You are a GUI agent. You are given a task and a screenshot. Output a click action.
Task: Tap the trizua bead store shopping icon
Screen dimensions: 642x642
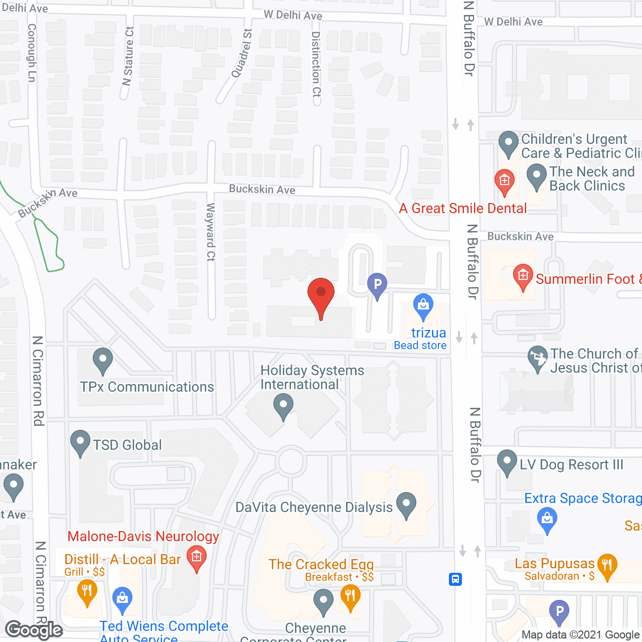click(423, 305)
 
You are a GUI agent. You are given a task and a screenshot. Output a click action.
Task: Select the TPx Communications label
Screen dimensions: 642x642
click(147, 387)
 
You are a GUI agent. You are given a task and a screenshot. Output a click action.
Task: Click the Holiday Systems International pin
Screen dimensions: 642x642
click(283, 406)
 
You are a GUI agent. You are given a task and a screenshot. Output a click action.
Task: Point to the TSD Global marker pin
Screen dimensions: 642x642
click(80, 442)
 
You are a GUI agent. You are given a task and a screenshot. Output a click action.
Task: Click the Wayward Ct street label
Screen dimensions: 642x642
click(211, 232)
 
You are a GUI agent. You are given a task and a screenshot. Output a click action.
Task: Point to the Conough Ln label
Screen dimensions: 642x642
click(32, 53)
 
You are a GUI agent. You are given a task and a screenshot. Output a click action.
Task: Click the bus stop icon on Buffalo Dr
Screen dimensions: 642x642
click(455, 579)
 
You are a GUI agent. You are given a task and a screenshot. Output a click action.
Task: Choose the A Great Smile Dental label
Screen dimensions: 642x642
click(462, 209)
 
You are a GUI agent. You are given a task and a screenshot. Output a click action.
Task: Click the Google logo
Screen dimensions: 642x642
click(34, 630)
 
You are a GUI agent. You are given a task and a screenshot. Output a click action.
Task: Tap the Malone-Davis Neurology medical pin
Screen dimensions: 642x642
click(196, 558)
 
